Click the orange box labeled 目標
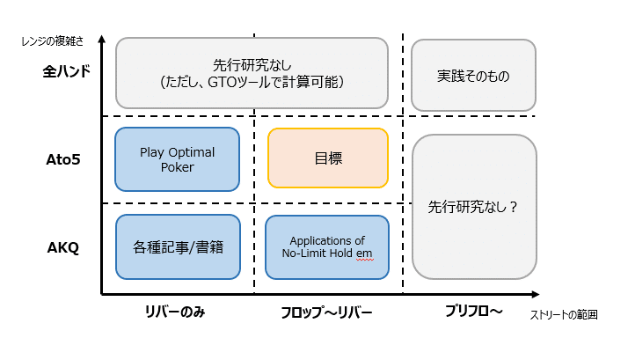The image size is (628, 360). point(327,158)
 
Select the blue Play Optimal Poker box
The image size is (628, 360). point(177,159)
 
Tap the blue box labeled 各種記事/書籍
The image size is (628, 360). point(177,246)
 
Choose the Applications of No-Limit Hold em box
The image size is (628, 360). point(327,246)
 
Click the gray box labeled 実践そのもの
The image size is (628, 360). point(473,77)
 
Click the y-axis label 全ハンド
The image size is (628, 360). point(67,72)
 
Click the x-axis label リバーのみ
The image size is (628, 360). point(176,313)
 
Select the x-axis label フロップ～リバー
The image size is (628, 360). point(326,313)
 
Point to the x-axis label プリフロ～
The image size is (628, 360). point(472,313)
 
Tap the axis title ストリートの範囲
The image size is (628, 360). point(565,314)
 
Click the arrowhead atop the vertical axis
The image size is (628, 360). point(102,40)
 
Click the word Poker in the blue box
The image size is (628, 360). point(177,167)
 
